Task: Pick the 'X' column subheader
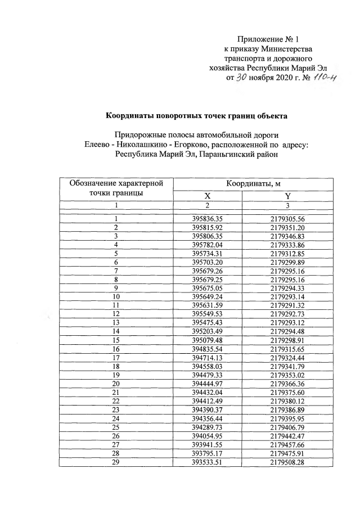pyautogui.click(x=207, y=196)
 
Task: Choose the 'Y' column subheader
pyautogui.click(x=287, y=196)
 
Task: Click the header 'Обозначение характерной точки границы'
pyautogui.click(x=116, y=188)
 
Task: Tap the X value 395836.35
pyautogui.click(x=207, y=219)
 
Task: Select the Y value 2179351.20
pyautogui.click(x=287, y=227)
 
